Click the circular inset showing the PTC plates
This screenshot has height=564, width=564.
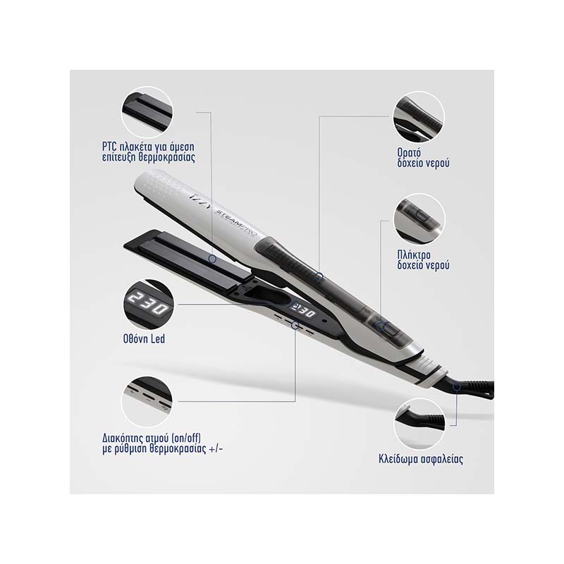[x=147, y=112]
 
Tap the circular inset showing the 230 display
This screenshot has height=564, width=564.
[x=148, y=305]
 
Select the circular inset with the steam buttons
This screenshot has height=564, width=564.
[x=147, y=402]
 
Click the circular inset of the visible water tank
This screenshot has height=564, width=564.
[x=419, y=117]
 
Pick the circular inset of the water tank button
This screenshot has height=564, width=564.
[x=419, y=219]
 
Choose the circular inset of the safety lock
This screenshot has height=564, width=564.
[x=419, y=424]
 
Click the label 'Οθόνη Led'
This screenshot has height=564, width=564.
[x=144, y=339]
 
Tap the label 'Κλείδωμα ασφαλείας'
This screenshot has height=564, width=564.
[x=421, y=459]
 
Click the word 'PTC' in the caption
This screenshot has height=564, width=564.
[x=110, y=147]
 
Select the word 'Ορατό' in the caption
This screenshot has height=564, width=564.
[x=409, y=152]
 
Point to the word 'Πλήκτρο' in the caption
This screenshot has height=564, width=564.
[x=414, y=255]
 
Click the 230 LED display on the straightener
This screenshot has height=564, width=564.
[x=305, y=310]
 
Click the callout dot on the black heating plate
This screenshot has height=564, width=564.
[x=213, y=259]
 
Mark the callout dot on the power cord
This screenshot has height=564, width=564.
[x=456, y=387]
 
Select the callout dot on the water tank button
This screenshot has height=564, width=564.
[x=381, y=326]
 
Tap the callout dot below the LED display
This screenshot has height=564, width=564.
[x=295, y=326]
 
